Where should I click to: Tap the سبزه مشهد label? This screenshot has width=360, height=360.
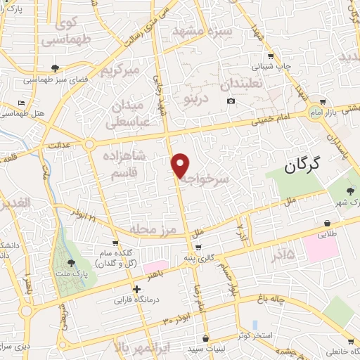[x=199, y=32]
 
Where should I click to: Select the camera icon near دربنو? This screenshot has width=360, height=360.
[x=231, y=101]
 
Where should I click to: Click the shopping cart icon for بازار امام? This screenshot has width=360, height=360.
[x=322, y=102]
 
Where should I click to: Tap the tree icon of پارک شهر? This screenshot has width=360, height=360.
[x=350, y=191]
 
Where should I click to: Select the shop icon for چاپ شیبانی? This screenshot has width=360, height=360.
[x=271, y=56]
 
